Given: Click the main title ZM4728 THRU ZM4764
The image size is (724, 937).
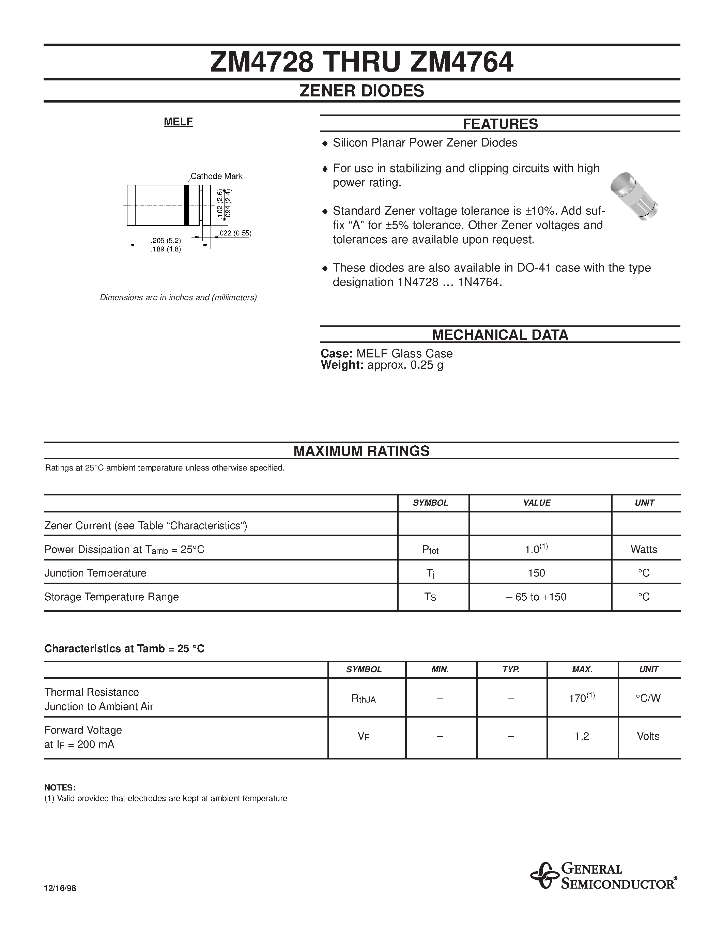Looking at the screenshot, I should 361,63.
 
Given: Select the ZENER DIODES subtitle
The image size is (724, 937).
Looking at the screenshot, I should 361,91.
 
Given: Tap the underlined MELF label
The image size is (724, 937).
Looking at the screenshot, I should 179,122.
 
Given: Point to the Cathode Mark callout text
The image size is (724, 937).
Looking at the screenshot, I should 217,176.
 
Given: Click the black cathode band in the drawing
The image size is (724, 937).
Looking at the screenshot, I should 187,205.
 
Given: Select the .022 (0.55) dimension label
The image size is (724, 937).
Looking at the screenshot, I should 235,233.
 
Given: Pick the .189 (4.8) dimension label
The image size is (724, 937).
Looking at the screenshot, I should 166,250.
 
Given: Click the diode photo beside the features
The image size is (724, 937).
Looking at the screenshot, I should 634,197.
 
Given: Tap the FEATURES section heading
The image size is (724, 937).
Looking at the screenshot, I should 500,124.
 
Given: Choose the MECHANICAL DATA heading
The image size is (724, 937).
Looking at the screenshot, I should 500,335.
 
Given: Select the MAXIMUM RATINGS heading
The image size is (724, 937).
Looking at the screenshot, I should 361,451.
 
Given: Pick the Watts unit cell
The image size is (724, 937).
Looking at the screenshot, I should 644,550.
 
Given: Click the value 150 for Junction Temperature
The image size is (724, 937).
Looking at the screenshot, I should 537,573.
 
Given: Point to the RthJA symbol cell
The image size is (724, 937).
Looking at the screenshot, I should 364,699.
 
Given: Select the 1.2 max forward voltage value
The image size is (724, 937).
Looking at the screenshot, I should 582,737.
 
